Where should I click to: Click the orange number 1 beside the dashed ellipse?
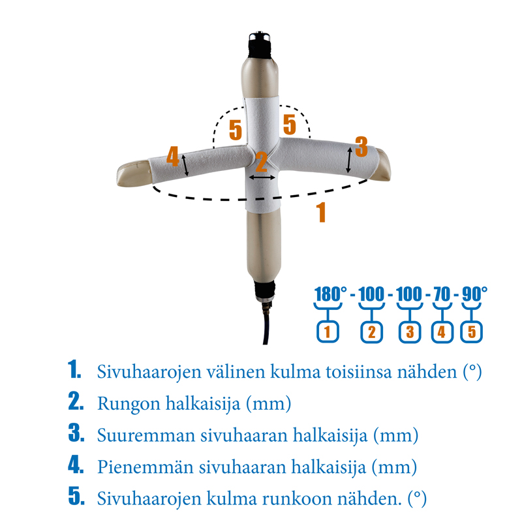320,213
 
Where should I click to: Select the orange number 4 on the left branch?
172,156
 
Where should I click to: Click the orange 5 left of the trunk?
236,129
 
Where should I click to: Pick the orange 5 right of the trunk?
289,124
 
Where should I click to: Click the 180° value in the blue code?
330,294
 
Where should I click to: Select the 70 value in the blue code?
442,294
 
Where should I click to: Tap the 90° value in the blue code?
474,294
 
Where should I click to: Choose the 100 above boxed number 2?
371,294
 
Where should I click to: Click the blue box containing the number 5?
472,331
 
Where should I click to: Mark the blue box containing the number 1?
328,331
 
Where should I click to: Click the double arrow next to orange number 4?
186,165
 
